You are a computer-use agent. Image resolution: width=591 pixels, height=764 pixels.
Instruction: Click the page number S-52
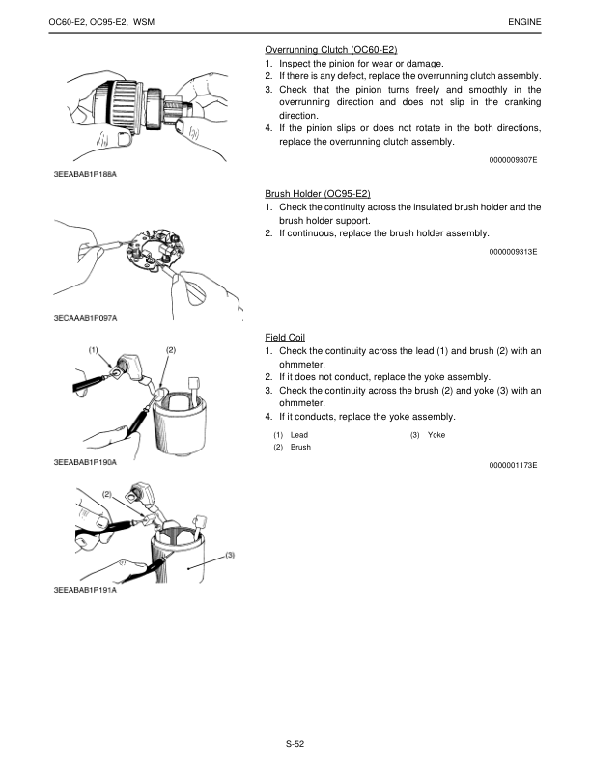(x=295, y=743)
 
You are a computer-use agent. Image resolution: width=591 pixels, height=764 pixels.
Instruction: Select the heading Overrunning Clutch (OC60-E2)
(x=331, y=49)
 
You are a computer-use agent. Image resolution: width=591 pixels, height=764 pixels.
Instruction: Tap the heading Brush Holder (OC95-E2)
(x=318, y=194)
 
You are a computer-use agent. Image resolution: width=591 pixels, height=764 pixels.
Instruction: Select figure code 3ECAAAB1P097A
(x=86, y=317)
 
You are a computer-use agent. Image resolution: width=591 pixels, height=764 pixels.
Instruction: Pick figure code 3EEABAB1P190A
(x=86, y=462)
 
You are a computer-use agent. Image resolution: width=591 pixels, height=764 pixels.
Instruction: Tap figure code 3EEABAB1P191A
(x=86, y=590)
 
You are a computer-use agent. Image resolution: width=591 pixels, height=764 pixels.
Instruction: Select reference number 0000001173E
(x=514, y=466)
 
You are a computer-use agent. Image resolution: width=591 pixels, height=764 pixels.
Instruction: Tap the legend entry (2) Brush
(x=292, y=448)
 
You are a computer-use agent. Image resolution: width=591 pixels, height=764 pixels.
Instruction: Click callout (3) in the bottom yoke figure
(x=231, y=555)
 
